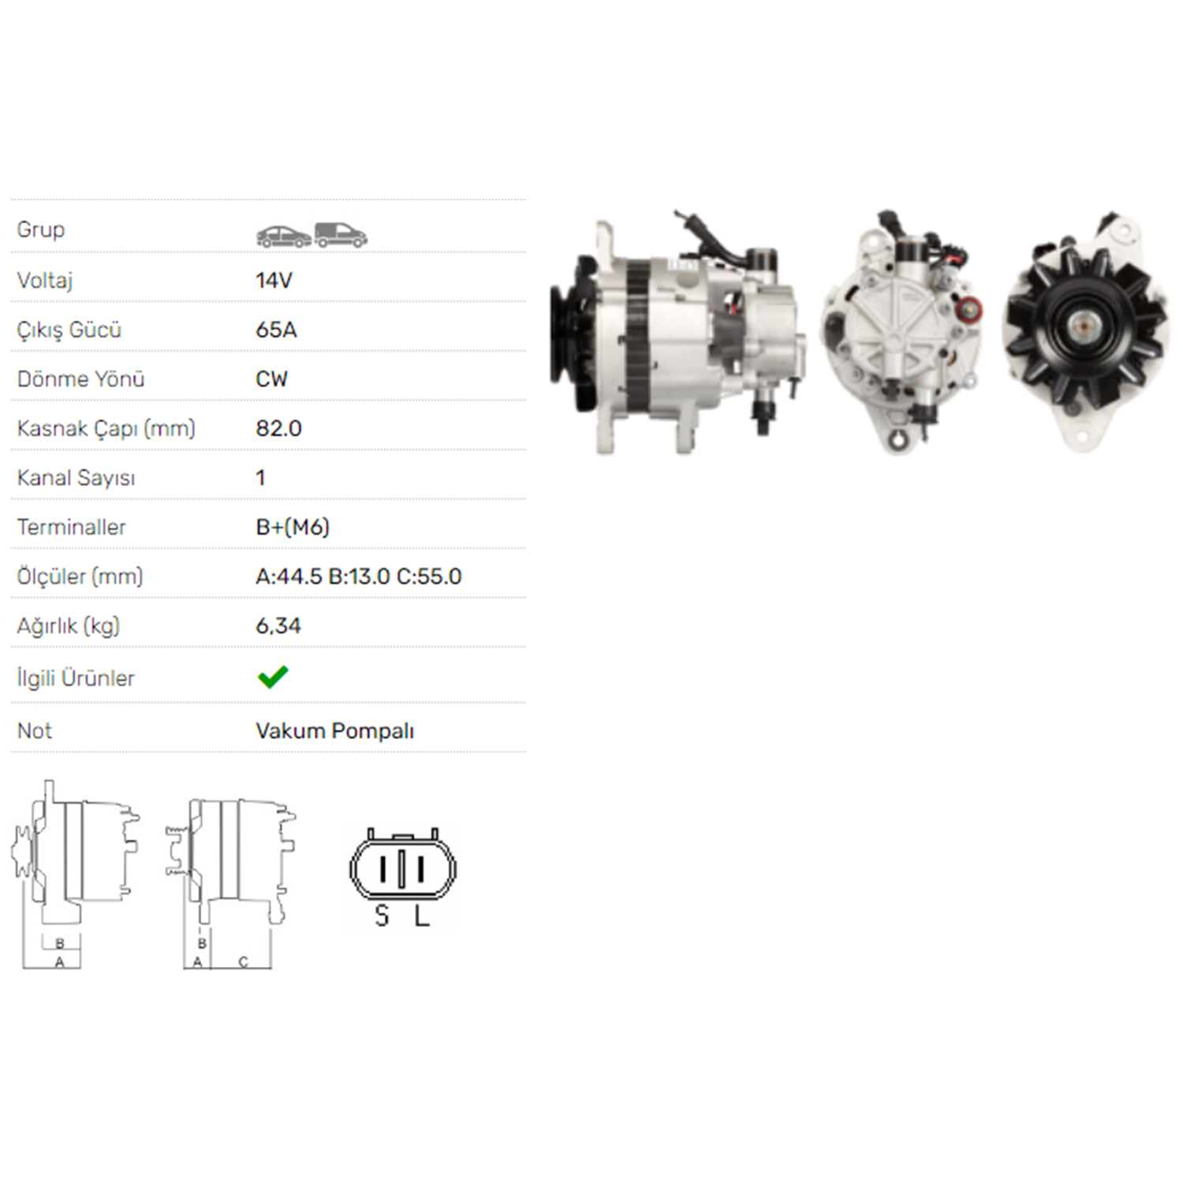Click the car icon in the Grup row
pyautogui.click(x=284, y=236)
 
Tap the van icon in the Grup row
pyautogui.click(x=341, y=235)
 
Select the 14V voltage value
pyautogui.click(x=274, y=280)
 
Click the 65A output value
pyautogui.click(x=276, y=330)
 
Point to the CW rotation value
pyautogui.click(x=272, y=379)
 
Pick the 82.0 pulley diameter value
pyautogui.click(x=278, y=428)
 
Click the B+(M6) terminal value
pyautogui.click(x=293, y=527)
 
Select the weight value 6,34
pyautogui.click(x=278, y=626)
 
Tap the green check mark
pyautogui.click(x=273, y=677)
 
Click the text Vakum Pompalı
pyautogui.click(x=335, y=731)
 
